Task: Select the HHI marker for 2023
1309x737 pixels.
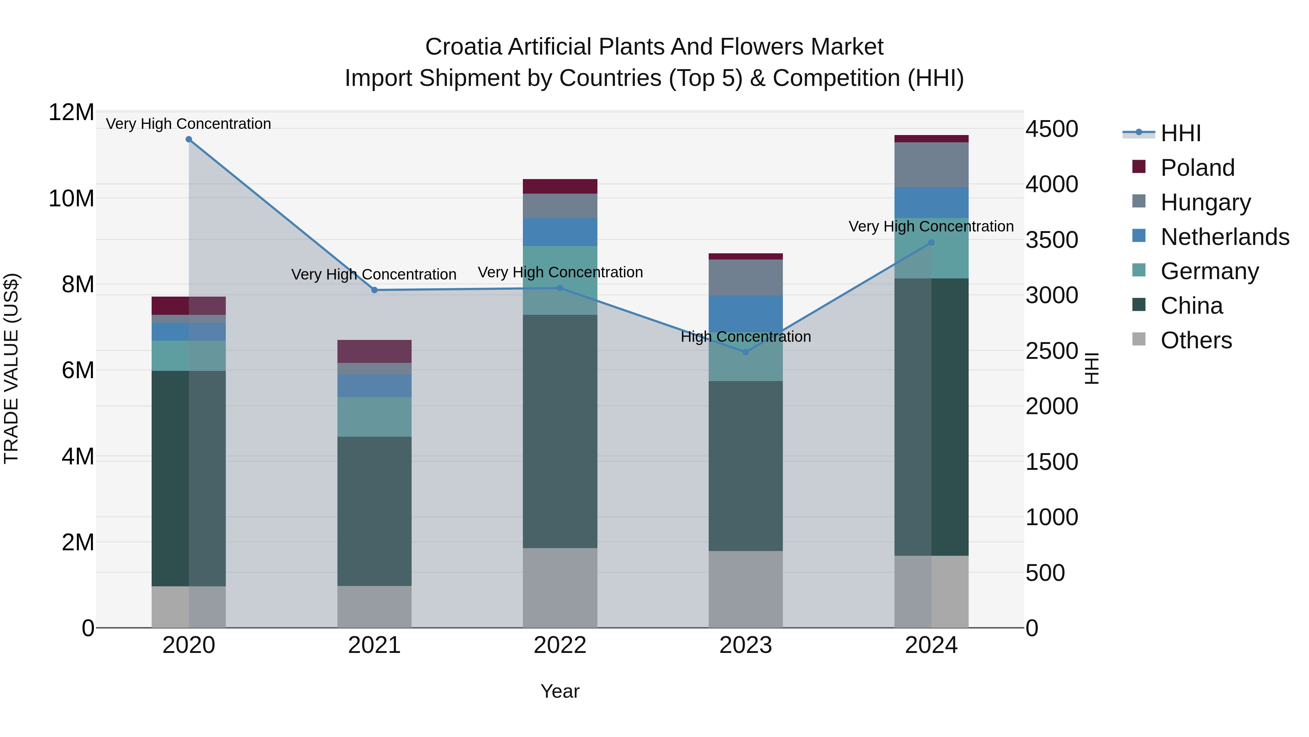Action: pos(745,352)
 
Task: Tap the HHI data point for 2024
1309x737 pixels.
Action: pos(931,243)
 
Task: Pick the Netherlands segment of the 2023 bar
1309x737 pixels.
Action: pos(745,314)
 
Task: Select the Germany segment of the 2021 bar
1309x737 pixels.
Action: pos(375,417)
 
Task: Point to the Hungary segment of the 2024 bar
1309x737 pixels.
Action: pos(931,165)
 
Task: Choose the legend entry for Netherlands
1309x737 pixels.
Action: pos(1225,237)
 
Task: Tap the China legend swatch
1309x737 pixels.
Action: pos(1139,305)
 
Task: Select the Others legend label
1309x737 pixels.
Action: pos(1196,340)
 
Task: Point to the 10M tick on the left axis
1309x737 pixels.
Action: pos(71,198)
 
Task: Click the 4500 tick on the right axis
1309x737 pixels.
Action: pos(1051,129)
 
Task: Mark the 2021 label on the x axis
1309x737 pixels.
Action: pos(375,645)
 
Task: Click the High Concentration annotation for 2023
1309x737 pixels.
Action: pos(745,337)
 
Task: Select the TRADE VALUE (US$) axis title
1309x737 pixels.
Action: pos(11,368)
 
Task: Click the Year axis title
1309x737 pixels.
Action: pos(560,691)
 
